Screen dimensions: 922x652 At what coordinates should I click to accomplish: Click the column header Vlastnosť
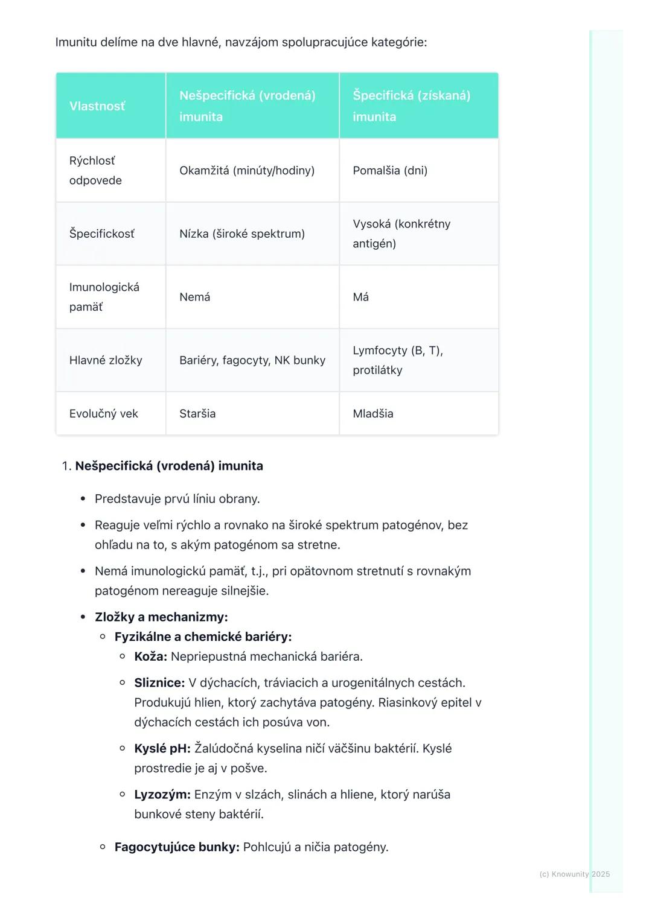(97, 106)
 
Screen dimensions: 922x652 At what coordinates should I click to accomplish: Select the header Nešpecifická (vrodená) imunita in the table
(247, 106)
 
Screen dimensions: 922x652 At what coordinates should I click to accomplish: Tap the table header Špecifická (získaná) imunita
(411, 106)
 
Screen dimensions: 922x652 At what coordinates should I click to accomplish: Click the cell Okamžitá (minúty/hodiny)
(247, 171)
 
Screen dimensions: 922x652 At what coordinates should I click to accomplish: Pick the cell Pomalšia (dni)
(390, 171)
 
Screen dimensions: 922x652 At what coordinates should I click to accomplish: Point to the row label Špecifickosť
(102, 234)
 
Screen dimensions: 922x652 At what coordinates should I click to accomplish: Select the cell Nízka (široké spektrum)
(241, 234)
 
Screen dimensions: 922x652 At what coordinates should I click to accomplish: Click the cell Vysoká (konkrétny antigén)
(401, 234)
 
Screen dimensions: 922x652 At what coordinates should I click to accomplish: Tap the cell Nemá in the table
(195, 297)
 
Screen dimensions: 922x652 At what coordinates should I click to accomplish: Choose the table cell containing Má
(360, 297)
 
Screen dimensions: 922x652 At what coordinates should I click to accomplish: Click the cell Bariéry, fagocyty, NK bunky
(252, 360)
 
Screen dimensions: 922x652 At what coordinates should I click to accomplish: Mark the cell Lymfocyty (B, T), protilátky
(398, 360)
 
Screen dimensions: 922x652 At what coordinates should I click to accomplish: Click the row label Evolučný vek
(104, 413)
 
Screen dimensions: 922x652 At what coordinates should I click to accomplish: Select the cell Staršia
(197, 413)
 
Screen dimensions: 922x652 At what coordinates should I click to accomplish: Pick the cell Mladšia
(372, 413)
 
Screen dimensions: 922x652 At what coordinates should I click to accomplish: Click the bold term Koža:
(150, 657)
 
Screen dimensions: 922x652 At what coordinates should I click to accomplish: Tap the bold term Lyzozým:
(162, 795)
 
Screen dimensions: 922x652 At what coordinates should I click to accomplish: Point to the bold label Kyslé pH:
(162, 749)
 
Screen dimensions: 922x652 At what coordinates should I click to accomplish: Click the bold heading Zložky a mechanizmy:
(161, 617)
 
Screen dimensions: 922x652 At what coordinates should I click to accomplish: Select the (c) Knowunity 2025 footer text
(574, 874)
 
